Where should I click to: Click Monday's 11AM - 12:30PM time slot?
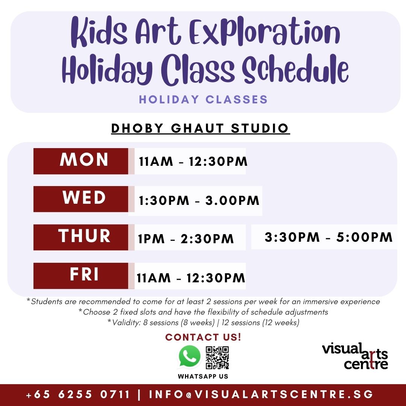(193, 162)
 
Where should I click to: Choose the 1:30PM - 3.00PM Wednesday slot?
(199, 201)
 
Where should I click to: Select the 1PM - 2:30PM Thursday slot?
(186, 239)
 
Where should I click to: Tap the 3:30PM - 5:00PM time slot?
(328, 237)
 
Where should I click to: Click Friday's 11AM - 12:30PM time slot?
(191, 278)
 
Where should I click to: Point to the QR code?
(217, 358)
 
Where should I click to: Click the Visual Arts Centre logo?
(355, 356)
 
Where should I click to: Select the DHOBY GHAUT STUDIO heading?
(200, 128)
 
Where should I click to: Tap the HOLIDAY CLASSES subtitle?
(203, 100)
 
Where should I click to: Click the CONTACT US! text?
(203, 337)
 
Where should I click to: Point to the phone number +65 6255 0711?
(78, 395)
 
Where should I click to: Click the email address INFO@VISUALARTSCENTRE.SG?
(261, 395)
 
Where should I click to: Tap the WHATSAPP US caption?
(203, 376)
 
